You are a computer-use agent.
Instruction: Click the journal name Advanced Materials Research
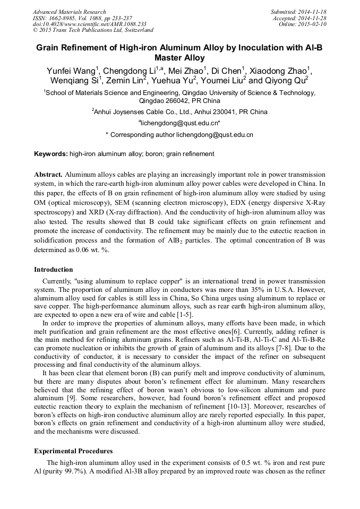[x=70, y=12]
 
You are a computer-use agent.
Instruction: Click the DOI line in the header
[x=89, y=24]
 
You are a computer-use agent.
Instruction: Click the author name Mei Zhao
[x=188, y=71]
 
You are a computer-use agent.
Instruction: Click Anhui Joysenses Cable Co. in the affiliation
[x=137, y=112]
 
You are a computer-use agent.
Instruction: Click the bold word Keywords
[x=50, y=154]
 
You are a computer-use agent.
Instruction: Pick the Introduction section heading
[x=53, y=270]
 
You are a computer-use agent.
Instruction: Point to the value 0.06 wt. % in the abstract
[x=92, y=251]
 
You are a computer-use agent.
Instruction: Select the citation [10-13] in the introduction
[x=245, y=406]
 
